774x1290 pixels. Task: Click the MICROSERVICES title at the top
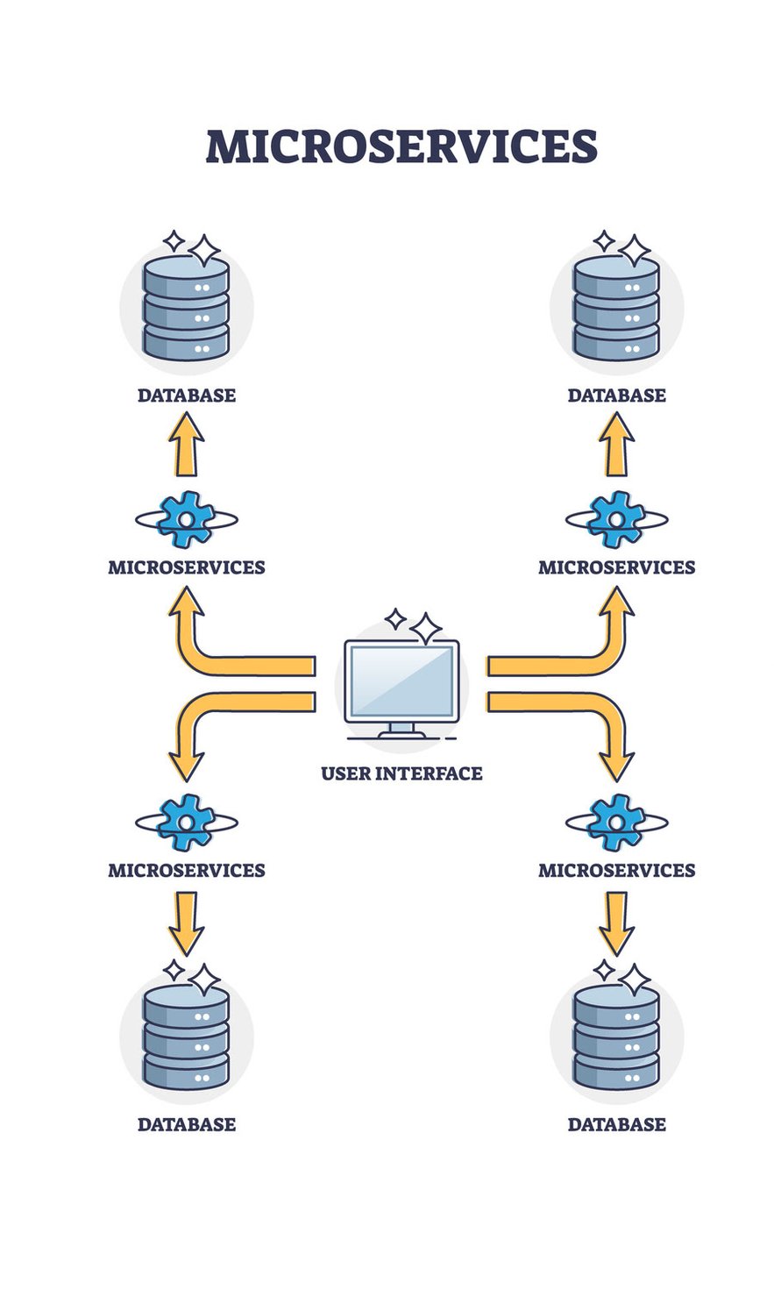tap(401, 146)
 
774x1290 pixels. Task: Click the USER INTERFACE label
tap(401, 773)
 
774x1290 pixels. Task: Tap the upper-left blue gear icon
tap(186, 520)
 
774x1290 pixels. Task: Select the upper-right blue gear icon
tap(616, 520)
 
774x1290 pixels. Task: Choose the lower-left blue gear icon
tap(186, 823)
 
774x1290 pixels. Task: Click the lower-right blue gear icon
tap(616, 823)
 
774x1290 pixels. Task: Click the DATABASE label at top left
tap(186, 396)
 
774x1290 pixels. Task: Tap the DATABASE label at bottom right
tap(616, 1124)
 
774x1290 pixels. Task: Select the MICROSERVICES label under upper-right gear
tap(616, 567)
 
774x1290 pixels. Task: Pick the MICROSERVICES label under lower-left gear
tap(186, 870)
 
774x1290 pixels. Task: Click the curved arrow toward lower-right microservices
tap(587, 705)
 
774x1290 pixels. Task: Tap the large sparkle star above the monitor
tap(427, 629)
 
